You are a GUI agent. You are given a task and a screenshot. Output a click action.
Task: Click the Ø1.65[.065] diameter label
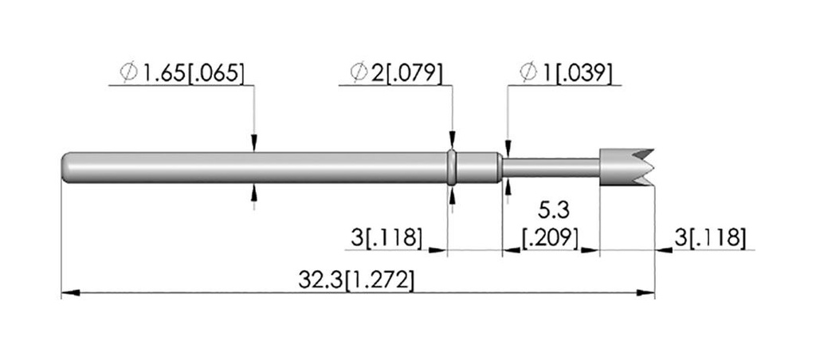[x=182, y=72]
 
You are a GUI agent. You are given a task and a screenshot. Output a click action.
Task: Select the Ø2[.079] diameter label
[x=397, y=72]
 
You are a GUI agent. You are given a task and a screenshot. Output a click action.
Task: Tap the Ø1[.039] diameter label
[x=566, y=72]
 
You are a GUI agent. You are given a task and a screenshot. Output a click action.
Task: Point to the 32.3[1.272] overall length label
[x=356, y=280]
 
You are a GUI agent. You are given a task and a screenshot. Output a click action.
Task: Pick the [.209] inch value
[x=551, y=239]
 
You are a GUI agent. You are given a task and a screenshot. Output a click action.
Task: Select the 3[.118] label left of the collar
[x=386, y=238]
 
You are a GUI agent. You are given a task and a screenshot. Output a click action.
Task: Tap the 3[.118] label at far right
[x=710, y=238]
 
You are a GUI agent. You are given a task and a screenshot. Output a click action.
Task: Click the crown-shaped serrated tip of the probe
[x=626, y=167]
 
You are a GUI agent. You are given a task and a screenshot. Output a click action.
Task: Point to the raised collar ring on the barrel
[x=453, y=167]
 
